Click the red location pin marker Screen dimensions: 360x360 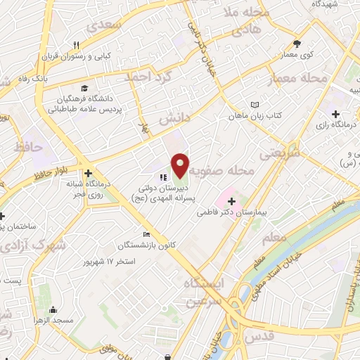[180, 165]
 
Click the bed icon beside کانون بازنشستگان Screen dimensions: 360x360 [146, 234]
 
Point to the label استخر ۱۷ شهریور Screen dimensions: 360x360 [109, 261]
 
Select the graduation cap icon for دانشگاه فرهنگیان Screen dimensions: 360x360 [84, 89]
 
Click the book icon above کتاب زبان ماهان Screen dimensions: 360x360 [252, 103]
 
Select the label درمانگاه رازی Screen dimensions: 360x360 [337, 124]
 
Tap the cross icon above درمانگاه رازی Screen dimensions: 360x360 [336, 113]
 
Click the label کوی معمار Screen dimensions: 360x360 [299, 54]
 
